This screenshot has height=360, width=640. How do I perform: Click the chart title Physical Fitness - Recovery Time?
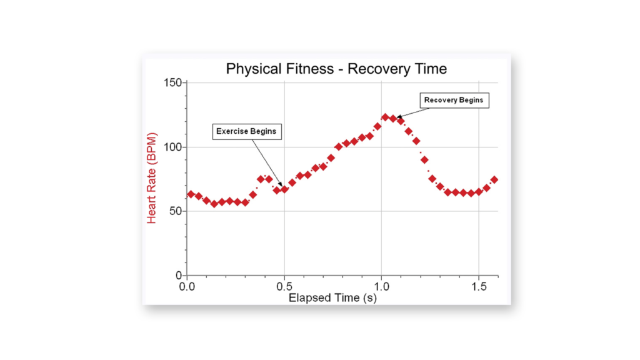click(x=336, y=69)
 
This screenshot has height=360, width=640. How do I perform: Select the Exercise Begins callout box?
click(x=246, y=131)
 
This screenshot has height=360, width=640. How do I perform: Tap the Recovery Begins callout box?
click(x=454, y=100)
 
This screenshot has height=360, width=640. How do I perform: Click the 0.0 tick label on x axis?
click(x=187, y=286)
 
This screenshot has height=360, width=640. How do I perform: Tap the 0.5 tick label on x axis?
click(x=284, y=286)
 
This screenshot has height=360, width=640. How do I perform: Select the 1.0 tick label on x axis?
click(x=381, y=286)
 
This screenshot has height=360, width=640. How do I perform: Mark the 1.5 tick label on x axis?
click(x=478, y=286)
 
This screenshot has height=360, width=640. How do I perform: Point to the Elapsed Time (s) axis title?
click(x=332, y=297)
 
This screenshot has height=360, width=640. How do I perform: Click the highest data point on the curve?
click(x=385, y=117)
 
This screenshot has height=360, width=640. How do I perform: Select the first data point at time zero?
click(x=191, y=194)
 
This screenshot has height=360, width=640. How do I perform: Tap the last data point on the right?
click(x=494, y=179)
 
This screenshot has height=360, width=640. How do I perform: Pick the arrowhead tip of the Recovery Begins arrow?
click(x=397, y=117)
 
